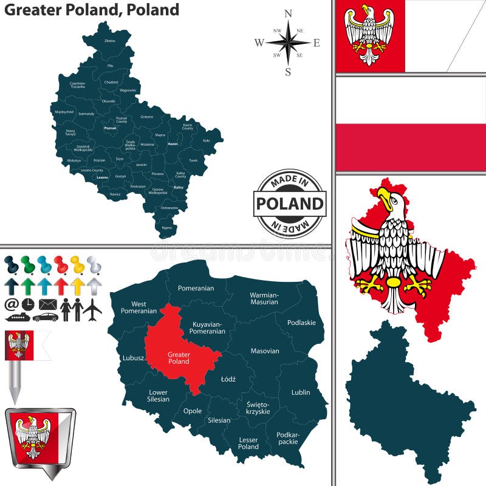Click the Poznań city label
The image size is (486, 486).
[110, 128]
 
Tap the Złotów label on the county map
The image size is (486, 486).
[109, 41]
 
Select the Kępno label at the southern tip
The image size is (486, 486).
[166, 227]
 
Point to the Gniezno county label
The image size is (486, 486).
[146, 116]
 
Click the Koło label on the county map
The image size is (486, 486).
[206, 140]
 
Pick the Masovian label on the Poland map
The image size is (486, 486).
[265, 351]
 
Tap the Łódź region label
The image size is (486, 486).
[228, 379]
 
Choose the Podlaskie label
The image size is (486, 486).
[302, 323]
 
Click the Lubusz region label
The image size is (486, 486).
[133, 358]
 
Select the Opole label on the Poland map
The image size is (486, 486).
[193, 411]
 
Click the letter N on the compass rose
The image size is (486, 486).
[288, 13]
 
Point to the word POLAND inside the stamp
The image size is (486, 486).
[289, 204]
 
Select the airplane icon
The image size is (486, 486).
[92, 309]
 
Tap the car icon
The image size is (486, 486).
[46, 317]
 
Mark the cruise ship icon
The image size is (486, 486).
[16, 317]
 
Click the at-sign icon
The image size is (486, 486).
[11, 303]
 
